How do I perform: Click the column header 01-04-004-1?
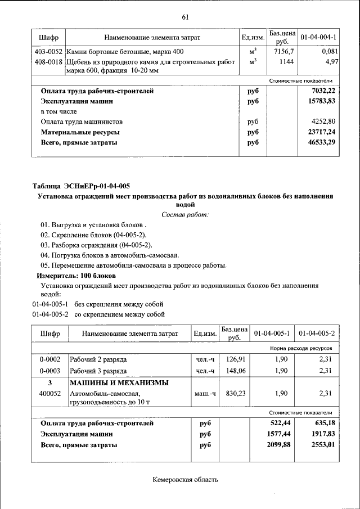pyautogui.click(x=318, y=37)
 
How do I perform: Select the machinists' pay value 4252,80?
pyautogui.click(x=323, y=121)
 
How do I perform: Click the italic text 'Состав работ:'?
pyautogui.click(x=184, y=215)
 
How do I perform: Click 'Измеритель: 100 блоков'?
pyautogui.click(x=76, y=276)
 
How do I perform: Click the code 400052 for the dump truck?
pyautogui.click(x=50, y=394)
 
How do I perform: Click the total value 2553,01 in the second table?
pyautogui.click(x=322, y=444)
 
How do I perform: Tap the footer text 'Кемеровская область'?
pyautogui.click(x=184, y=480)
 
